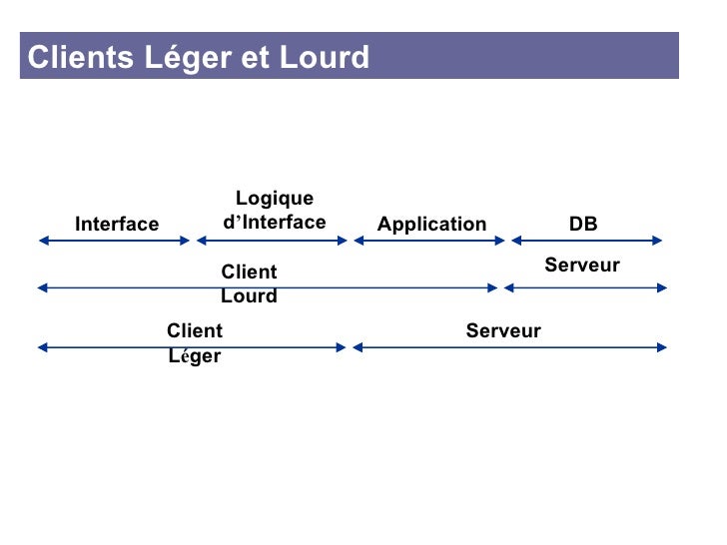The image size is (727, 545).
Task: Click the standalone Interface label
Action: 117,224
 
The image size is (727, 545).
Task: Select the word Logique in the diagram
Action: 274,199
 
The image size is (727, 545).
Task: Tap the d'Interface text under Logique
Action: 274,222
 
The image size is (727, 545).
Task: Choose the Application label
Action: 431,224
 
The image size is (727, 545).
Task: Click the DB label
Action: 583,224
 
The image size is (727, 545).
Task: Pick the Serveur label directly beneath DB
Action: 582,265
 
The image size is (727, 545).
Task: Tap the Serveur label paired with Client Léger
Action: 503,330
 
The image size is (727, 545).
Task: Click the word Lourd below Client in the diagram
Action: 249,296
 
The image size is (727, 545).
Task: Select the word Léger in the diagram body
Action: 195,356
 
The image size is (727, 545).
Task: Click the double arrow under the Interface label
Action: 114,240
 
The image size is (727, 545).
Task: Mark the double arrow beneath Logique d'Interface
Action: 273,240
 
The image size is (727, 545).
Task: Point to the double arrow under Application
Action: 430,240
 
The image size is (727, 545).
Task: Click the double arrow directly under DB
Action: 587,240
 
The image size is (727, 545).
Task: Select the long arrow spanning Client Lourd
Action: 267,287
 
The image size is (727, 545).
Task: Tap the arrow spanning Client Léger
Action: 192,347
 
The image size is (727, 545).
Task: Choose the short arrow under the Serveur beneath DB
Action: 585,287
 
